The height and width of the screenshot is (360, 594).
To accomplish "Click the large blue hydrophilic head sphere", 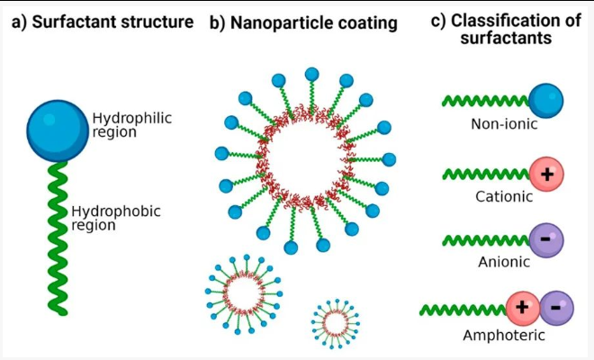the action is click(x=58, y=131).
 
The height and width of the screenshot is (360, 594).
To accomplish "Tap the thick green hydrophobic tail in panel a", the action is click(x=58, y=238).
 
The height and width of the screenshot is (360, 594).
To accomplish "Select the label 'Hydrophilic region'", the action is click(x=131, y=125).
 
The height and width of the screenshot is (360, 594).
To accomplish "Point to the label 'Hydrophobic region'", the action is click(x=116, y=218).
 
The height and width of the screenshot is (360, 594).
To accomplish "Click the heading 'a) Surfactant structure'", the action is click(x=103, y=22).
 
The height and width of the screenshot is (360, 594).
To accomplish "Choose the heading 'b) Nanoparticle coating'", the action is click(x=303, y=22).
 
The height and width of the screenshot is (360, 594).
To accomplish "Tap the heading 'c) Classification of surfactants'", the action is click(x=506, y=29).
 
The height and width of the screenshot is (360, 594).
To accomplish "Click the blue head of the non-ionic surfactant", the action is click(x=546, y=101).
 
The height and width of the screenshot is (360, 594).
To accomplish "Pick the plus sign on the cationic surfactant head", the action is click(x=547, y=175).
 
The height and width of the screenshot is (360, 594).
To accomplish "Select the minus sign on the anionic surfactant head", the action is click(x=545, y=239).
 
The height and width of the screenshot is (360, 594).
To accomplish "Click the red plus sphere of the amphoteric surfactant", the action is click(x=522, y=308).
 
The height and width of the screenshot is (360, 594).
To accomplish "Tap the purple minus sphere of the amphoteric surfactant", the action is click(x=556, y=308).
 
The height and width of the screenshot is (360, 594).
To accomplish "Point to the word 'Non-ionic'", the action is click(x=504, y=124).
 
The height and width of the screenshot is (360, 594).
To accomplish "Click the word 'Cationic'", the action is click(x=504, y=196).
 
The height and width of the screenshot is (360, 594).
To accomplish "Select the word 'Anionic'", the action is click(x=504, y=262).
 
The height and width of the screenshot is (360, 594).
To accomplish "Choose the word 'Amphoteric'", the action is click(x=504, y=335).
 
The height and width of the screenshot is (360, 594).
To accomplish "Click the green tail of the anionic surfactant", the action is click(x=486, y=240).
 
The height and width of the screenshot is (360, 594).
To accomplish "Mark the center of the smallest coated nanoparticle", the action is click(x=336, y=324).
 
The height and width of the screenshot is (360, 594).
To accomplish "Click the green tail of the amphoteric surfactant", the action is click(x=463, y=310).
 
